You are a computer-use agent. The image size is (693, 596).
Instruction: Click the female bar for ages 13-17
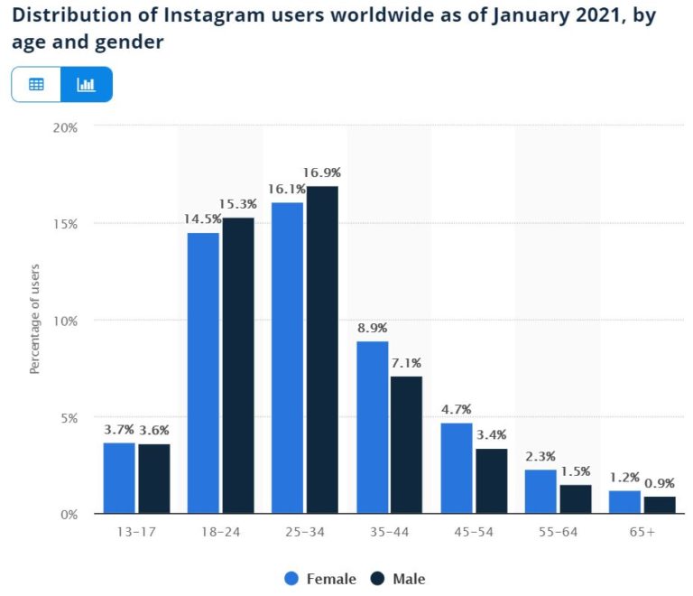(119, 478)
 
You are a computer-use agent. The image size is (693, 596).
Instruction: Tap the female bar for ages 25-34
(287, 358)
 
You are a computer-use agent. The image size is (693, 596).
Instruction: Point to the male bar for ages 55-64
(575, 499)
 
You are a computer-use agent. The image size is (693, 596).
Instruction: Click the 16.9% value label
(322, 172)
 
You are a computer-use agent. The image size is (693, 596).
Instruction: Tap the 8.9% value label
(372, 328)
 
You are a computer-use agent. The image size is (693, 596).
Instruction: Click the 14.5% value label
(203, 219)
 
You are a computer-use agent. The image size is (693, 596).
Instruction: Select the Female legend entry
(320, 579)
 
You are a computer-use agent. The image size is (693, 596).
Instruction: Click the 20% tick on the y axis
(65, 127)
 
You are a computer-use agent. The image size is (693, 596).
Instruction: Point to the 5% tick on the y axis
(69, 418)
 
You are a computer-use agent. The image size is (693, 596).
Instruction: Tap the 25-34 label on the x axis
(304, 532)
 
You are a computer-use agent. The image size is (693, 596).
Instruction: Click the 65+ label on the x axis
(642, 532)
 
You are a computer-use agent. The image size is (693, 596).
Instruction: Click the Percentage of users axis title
(35, 321)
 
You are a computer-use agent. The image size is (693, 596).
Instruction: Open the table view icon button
(36, 85)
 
